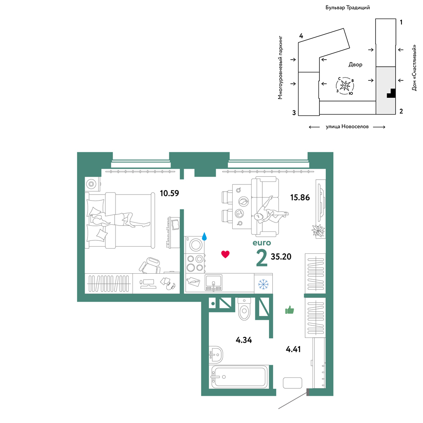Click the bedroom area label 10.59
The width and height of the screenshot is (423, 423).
170,193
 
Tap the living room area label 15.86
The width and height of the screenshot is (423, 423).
300,198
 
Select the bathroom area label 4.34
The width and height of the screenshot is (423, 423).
244,340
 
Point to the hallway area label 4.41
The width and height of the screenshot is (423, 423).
293,349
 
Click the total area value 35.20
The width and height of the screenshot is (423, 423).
281,257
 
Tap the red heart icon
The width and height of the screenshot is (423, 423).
225,254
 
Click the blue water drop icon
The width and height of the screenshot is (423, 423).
204,236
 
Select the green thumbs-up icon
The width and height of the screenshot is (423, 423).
289,310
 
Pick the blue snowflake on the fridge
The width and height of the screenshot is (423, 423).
263,284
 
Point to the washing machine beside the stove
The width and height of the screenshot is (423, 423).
195,244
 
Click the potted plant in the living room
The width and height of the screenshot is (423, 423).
319,231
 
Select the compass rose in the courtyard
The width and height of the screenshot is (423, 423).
345,86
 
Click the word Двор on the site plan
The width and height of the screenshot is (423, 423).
355,64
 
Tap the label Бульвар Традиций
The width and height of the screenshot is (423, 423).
347,8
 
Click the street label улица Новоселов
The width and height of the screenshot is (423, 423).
347,126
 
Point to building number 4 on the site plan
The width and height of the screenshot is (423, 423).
301,36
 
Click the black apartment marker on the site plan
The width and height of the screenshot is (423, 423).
391,93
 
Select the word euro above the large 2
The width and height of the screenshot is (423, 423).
262,243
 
